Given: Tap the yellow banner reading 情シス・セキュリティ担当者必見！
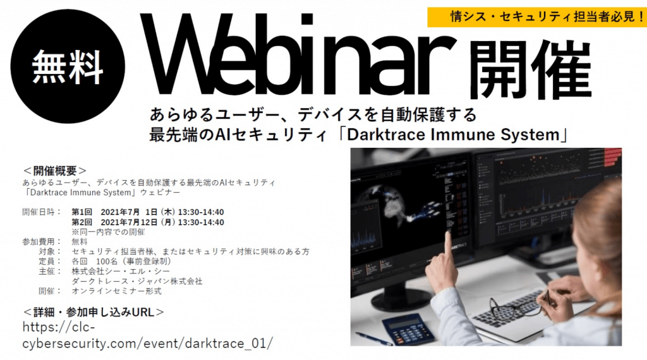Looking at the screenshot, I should pos(536,14).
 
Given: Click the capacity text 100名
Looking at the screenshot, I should pos(106,261).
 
